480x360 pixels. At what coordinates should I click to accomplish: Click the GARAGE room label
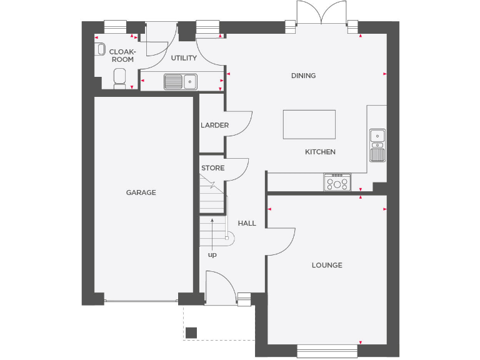[141, 192]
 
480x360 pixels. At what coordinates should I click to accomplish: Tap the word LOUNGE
[327, 265]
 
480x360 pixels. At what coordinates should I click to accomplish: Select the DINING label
[303, 76]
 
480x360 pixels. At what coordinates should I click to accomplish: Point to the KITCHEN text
[320, 152]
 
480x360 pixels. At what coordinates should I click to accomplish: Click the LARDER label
[214, 125]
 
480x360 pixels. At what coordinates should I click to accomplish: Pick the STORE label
[212, 168]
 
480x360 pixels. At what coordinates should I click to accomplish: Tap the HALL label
[247, 223]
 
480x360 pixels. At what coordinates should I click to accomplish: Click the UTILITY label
[184, 58]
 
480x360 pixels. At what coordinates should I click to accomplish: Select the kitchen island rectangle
[309, 124]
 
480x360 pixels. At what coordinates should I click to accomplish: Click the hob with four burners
[337, 182]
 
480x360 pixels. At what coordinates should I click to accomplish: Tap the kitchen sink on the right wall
[377, 144]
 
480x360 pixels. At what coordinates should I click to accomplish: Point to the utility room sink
[181, 81]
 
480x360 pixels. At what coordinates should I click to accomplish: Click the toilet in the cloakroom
[119, 77]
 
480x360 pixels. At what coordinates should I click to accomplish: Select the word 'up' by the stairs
[212, 254]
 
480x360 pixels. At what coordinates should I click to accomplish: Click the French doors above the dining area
[321, 14]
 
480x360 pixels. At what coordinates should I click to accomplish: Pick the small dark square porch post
[191, 332]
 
